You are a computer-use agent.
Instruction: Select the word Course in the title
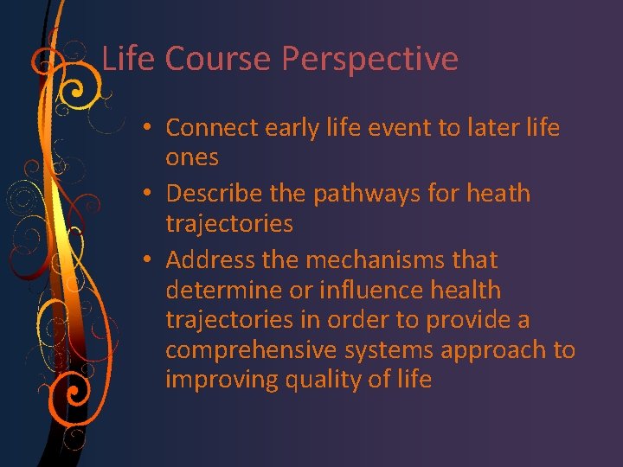coord(218,59)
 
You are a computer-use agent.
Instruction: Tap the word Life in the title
coord(129,59)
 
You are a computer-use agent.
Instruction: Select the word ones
coord(192,158)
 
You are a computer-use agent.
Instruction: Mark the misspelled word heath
coord(497,194)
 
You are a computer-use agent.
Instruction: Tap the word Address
coord(211,259)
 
